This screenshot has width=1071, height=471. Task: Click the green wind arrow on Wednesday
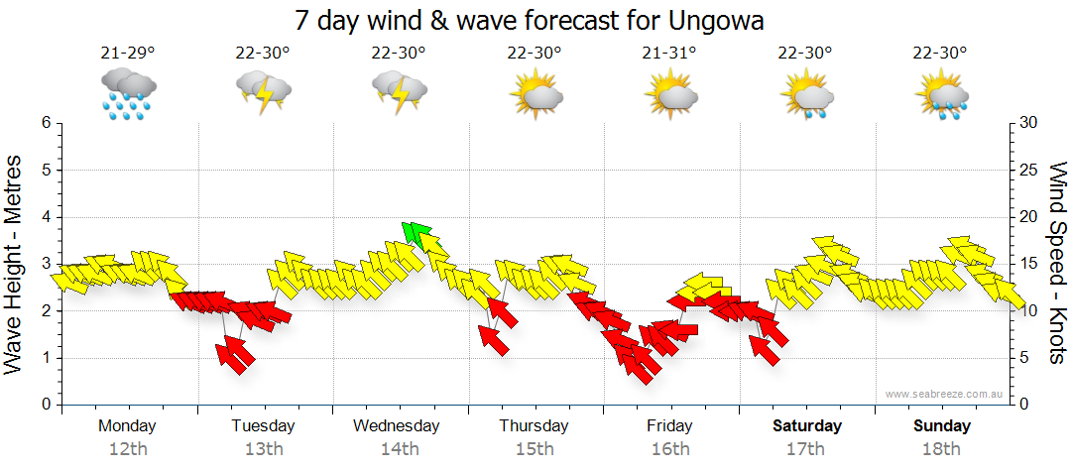[x=419, y=236]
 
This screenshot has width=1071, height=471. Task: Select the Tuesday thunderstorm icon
[x=263, y=93]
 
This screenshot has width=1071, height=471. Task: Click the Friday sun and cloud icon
[x=671, y=93]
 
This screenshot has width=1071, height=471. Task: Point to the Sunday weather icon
[x=941, y=94]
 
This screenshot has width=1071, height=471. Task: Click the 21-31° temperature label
[x=670, y=53]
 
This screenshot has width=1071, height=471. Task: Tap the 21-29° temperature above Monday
[x=128, y=53]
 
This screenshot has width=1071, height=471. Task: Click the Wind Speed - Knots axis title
[x=1056, y=263]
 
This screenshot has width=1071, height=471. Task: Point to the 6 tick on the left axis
[x=45, y=123]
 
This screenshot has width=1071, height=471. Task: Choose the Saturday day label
[x=807, y=426]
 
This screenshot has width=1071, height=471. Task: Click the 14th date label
[x=399, y=449]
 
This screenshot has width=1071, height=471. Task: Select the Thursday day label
[x=534, y=426]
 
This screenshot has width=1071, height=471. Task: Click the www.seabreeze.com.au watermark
[x=945, y=394]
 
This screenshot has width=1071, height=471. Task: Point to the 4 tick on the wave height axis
[x=45, y=217]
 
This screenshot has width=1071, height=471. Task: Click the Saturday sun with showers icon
[x=806, y=94]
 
